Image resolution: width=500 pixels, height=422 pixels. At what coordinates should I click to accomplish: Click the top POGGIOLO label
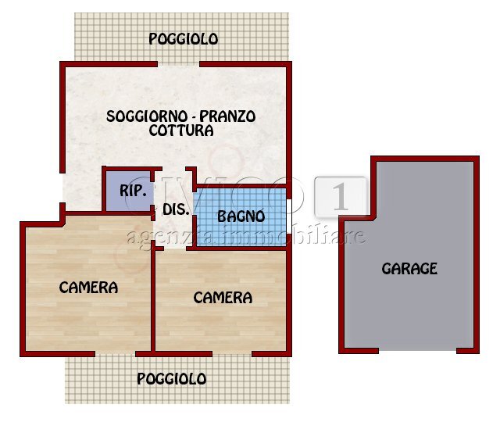[x=184, y=39]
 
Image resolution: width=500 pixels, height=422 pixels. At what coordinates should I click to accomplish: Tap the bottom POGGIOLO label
[x=172, y=379]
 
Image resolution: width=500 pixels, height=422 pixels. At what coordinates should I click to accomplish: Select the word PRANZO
[x=227, y=116]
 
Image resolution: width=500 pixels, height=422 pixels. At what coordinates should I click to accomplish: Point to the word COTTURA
[x=181, y=131]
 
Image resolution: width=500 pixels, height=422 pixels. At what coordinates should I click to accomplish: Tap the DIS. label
[x=172, y=209]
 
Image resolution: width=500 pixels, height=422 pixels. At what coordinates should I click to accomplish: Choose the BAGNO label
[x=241, y=216]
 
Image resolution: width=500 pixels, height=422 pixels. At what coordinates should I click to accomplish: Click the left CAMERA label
[x=88, y=288]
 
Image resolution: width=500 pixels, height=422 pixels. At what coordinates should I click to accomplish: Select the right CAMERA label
[x=223, y=298]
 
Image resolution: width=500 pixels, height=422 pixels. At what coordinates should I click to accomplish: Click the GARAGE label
[x=409, y=269]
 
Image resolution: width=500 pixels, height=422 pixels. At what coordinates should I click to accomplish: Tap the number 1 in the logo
[x=341, y=197]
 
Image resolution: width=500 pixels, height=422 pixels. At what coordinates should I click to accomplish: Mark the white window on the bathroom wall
[x=290, y=216]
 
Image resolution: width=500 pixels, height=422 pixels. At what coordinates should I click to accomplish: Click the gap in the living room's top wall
[x=179, y=63]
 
